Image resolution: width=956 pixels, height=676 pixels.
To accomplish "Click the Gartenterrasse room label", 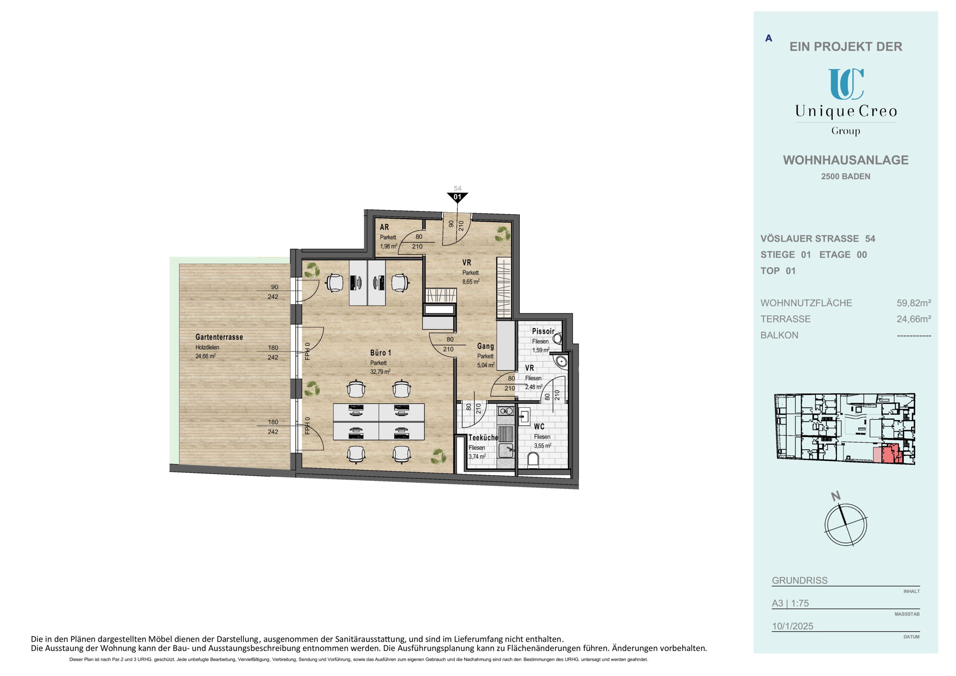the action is (219, 337).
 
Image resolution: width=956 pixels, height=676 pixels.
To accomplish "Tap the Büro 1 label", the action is (381, 353).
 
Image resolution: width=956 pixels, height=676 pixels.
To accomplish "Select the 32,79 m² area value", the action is (380, 372).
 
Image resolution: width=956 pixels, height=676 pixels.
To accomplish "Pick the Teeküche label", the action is (483, 438).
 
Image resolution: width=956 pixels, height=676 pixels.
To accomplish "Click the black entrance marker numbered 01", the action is (457, 197).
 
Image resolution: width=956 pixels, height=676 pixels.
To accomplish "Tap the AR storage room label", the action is (384, 227).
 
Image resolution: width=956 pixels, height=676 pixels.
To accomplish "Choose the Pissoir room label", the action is (543, 331).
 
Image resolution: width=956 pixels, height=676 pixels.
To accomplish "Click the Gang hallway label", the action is (485, 346).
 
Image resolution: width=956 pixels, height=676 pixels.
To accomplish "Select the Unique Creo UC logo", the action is (846, 84).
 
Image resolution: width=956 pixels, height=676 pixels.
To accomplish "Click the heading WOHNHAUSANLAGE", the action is (846, 160).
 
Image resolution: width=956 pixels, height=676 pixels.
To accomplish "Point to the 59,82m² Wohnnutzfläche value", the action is (913, 303).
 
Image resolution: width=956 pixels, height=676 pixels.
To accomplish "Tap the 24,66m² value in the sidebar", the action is (913, 319).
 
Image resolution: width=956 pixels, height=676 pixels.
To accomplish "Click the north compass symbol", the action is (845, 524).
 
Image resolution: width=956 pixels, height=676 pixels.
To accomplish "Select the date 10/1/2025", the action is (792, 626).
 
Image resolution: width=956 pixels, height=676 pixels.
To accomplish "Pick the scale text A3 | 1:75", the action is (790, 603).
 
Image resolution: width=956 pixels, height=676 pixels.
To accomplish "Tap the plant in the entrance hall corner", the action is (503, 234).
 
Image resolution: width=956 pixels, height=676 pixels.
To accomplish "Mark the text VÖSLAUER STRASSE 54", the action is (818, 239).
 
